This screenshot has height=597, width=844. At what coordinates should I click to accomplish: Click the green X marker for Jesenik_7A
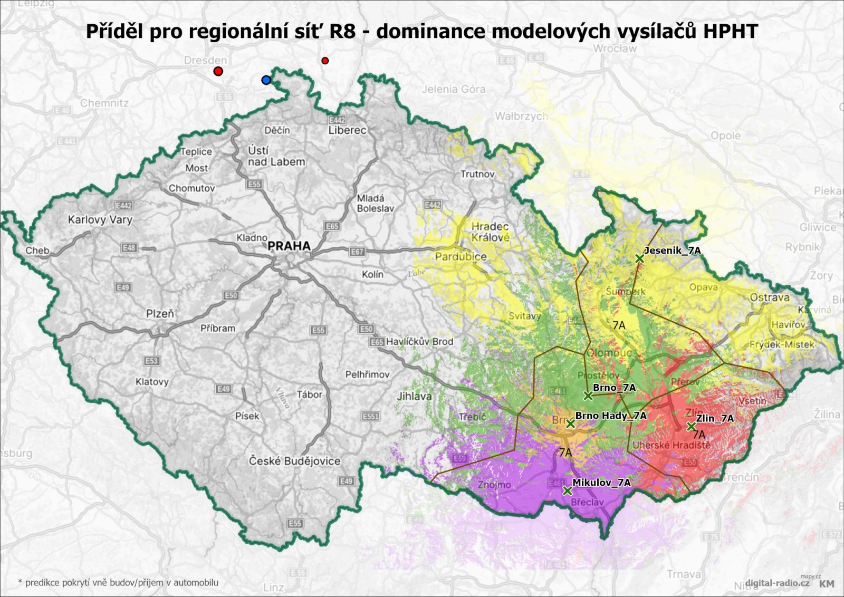[639, 258]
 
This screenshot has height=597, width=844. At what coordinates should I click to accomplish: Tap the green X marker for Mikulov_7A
[567, 491]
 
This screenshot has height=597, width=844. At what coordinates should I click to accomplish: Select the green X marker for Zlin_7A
[691, 427]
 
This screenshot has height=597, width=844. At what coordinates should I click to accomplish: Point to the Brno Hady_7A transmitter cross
[570, 423]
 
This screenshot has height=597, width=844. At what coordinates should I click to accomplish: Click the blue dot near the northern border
[266, 80]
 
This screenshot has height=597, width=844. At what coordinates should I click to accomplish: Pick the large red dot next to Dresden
[218, 71]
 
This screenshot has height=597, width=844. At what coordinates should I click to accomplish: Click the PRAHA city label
[289, 246]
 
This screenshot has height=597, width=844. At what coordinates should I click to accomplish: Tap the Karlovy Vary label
[100, 219]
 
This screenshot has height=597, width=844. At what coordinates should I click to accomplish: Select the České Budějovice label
[294, 461]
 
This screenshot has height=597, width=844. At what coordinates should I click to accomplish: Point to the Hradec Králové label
[490, 232]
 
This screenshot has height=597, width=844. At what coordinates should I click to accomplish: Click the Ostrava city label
[770, 297]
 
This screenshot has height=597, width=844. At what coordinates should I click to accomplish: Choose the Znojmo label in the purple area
[494, 485]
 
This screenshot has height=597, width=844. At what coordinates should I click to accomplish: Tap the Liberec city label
[347, 130]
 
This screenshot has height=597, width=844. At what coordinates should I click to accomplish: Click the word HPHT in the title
[730, 32]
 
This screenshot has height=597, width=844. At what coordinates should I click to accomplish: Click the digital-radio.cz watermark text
[771, 583]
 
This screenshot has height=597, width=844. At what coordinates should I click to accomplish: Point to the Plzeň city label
[160, 314]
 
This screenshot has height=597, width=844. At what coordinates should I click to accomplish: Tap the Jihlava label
[414, 396]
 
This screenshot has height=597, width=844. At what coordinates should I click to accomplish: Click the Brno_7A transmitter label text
[614, 388]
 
